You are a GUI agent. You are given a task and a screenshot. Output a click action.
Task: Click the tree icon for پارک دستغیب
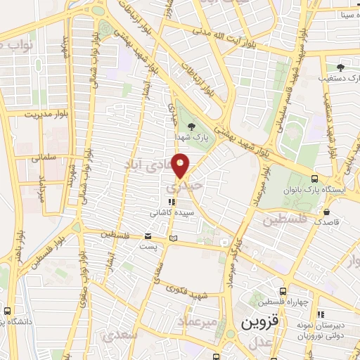pos(341,67)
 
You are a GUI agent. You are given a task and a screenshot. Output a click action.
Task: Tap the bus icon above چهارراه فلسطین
pos(283,291)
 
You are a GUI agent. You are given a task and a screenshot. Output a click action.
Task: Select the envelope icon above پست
pos(148,237)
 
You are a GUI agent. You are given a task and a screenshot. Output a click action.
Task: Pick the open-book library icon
pos(172,238)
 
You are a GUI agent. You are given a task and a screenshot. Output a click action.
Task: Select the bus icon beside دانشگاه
pos(8,310)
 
